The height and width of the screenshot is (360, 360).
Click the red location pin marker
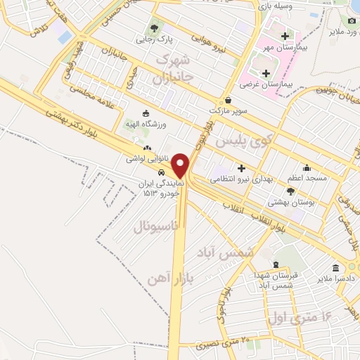[181, 165]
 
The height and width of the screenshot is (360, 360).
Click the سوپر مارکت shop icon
[228, 99]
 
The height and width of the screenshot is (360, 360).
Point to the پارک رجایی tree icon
[155, 29]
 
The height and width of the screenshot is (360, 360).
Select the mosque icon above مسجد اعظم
[307, 168]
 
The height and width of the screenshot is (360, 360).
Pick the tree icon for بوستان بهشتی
[292, 191]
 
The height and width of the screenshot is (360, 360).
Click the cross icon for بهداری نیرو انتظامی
[241, 169]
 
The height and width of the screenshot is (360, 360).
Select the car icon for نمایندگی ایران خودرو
[162, 172]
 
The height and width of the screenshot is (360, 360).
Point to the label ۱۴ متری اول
[298, 316]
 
